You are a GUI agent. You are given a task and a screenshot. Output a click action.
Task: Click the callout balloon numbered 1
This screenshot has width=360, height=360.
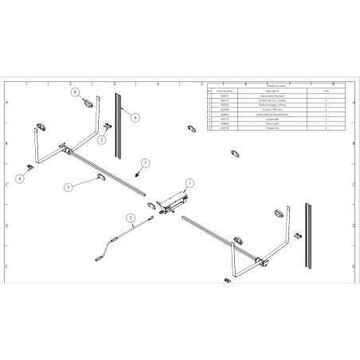point(190,182)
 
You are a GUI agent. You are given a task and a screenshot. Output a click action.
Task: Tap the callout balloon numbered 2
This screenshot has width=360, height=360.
point(102,139)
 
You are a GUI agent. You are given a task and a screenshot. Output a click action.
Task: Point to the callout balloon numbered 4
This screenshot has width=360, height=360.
point(135,117)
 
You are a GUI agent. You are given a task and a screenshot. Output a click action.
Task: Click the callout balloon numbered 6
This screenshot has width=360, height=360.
point(21,179)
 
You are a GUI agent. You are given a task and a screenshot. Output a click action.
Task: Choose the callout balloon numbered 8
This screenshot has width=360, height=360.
point(74,92)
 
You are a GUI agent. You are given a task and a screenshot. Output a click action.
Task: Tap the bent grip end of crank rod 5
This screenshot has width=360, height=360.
point(98,256)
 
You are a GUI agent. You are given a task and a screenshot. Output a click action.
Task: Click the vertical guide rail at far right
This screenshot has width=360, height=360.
point(309,234)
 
